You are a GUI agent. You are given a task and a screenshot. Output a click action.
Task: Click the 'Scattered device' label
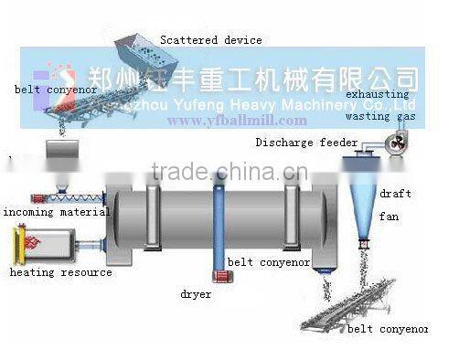coord(211,40)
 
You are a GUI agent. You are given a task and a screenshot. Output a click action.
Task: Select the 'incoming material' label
coord(55,213)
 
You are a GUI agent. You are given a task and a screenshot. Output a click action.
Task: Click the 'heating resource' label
coord(61,271)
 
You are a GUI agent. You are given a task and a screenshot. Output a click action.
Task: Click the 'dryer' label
coord(197,294)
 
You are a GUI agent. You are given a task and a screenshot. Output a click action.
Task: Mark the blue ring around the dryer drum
coord(219,228)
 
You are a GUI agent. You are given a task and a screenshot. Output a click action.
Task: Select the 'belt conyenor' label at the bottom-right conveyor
coord(391,328)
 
